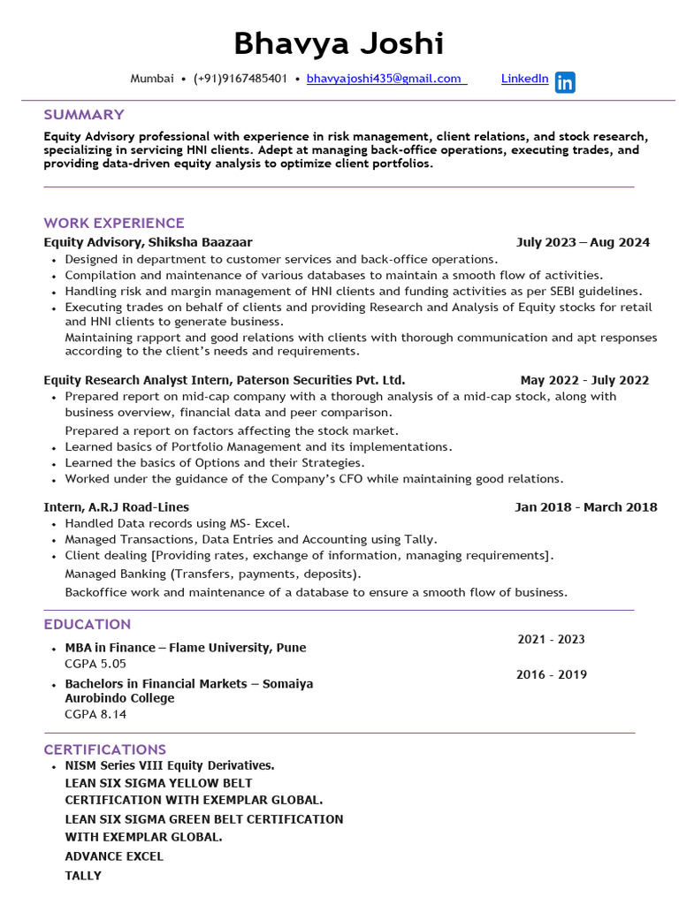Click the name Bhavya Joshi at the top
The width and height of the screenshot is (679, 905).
pos(339,42)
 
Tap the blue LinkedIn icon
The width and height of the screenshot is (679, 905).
pos(565,83)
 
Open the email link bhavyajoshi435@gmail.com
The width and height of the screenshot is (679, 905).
pos(384,79)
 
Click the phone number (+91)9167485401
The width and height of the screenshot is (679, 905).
pos(240,79)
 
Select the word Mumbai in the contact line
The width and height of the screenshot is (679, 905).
pos(152,79)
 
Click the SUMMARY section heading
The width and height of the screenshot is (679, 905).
pos(84,114)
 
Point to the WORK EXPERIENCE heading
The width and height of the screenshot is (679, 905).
pos(114,223)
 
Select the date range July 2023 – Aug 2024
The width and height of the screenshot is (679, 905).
pos(583,242)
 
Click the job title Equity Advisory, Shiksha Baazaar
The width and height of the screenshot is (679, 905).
pos(148,242)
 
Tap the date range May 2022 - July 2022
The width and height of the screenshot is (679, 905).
pos(584,380)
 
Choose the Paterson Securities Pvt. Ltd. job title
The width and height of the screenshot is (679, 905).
pos(225,380)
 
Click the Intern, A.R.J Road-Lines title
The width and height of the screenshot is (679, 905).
pos(116,506)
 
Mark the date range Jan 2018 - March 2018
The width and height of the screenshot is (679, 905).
pos(585,506)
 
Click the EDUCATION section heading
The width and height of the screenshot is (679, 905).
pos(88,624)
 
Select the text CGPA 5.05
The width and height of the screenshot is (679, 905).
pos(95,663)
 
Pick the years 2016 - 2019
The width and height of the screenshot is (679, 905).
pos(551,674)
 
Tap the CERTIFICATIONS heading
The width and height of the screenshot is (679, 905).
pos(105,749)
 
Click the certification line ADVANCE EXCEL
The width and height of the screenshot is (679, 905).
pos(114,856)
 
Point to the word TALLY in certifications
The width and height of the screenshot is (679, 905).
pos(83,875)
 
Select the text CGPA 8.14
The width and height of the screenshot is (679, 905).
pos(95,713)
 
